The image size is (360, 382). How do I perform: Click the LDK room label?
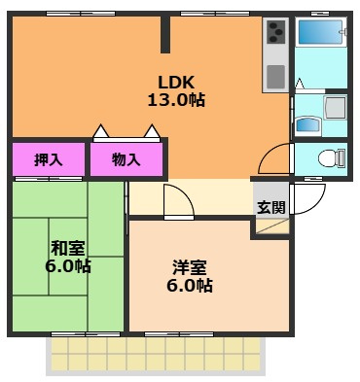point(176,83)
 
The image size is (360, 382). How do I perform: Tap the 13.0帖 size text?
point(176,100)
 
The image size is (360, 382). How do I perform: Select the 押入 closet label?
point(49,159)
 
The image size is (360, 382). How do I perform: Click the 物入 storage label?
point(126,159)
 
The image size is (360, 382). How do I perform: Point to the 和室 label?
point(68,248)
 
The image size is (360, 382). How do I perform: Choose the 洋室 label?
point(190,267)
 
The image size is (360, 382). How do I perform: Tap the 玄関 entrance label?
point(271,207)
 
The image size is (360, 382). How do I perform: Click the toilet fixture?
point(332,158)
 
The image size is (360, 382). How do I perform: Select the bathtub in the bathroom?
point(320,32)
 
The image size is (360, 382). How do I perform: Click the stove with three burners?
point(275,31)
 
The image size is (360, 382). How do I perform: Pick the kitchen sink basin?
point(275,77)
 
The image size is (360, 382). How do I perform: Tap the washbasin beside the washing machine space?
point(307,124)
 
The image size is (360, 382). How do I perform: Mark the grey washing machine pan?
point(336,107)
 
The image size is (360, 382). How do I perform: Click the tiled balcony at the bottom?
point(156,356)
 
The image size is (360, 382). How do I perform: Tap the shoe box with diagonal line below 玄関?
point(272,226)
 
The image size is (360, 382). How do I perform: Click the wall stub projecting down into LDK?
point(165,34)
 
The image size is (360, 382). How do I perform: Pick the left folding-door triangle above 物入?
point(101,131)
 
